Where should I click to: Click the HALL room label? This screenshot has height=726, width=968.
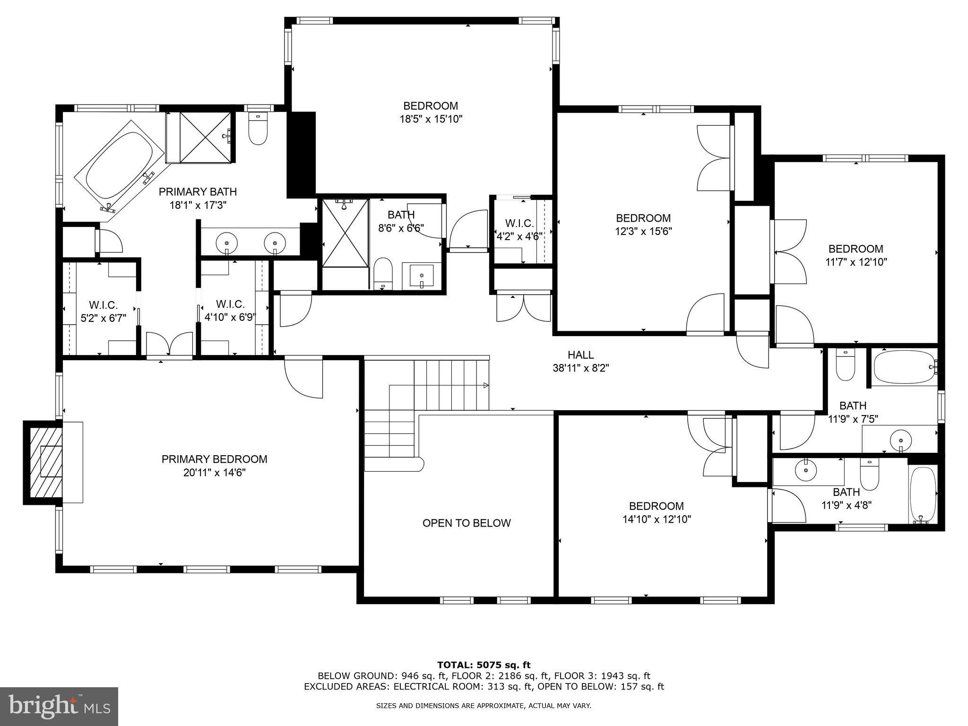[x=580, y=354]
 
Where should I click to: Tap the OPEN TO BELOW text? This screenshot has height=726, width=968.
[x=466, y=523]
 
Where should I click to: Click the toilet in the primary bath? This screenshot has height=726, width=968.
[x=258, y=129]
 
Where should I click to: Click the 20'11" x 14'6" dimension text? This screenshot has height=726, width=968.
[x=214, y=472]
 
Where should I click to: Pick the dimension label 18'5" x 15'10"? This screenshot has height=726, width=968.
[x=430, y=119]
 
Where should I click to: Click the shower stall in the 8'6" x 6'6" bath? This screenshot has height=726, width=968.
[x=345, y=233]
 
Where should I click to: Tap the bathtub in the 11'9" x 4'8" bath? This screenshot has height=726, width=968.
[x=922, y=494]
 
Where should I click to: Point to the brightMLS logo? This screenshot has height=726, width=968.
[x=59, y=706]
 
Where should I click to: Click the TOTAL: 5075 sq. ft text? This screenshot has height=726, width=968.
[x=484, y=665]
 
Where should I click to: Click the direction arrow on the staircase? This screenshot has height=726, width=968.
[x=485, y=386]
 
